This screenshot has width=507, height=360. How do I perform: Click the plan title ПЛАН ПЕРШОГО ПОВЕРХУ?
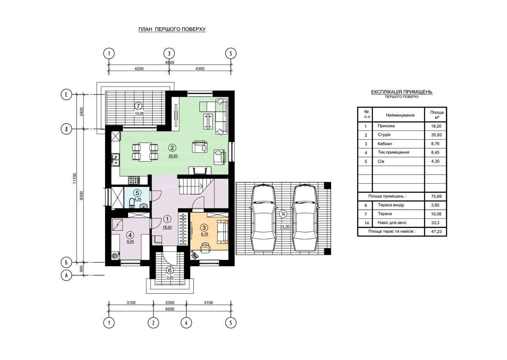[172, 29]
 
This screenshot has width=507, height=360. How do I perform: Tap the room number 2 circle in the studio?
[172, 148]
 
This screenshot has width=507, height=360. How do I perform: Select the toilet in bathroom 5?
[132, 203]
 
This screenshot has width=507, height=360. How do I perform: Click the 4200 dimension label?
[139, 69]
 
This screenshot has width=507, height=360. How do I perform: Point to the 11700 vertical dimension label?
[75, 178]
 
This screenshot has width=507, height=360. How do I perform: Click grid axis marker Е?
[66, 94]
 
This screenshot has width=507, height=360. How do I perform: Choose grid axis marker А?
[66, 275]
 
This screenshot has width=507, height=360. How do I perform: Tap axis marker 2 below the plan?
[153, 323]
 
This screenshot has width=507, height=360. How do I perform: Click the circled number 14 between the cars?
[283, 214]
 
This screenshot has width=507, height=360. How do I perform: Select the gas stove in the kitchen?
[134, 180]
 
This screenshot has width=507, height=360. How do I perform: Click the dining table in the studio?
[145, 152]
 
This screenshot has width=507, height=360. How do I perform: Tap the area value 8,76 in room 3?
[205, 234]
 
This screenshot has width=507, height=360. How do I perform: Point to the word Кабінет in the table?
[385, 144]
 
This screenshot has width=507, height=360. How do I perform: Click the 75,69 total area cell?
[436, 196]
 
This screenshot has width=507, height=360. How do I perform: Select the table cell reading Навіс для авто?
[392, 222]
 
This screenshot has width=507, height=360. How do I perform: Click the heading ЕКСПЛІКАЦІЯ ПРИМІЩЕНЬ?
[402, 92]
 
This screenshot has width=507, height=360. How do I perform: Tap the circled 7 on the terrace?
[138, 106]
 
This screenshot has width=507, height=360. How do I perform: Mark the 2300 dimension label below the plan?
[170, 303]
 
